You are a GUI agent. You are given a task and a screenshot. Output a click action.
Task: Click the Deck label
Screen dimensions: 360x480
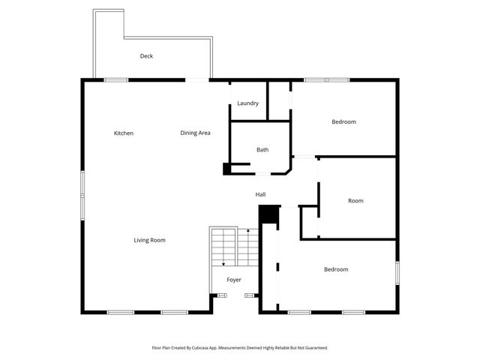click(x=146, y=56)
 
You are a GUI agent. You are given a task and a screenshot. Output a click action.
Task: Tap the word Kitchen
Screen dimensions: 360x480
click(x=124, y=133)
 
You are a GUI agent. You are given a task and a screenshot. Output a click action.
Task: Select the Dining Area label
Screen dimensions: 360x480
click(x=195, y=133)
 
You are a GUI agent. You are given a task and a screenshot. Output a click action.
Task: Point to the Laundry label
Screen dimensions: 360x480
click(x=247, y=103)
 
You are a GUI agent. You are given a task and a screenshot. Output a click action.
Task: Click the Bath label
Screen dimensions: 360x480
click(x=262, y=150)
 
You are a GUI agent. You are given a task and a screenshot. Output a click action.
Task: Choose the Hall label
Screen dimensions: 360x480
click(x=260, y=195)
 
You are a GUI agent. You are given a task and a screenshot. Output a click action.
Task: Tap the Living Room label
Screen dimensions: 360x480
click(x=149, y=240)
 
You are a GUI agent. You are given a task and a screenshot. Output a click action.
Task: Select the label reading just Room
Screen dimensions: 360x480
click(x=355, y=201)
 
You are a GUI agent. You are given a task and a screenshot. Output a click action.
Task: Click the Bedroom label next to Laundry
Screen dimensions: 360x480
click(x=343, y=121)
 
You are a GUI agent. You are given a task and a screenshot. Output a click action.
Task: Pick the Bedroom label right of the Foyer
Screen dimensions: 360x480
click(x=336, y=269)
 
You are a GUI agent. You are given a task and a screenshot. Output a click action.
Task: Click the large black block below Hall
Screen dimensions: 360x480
click(x=268, y=214)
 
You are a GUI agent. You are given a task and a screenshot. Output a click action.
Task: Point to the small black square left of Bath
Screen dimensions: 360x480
click(x=227, y=169)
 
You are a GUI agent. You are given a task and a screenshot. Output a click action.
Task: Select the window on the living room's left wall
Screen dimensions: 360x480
click(x=82, y=185)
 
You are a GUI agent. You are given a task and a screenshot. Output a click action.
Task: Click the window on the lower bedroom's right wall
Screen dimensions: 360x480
click(x=397, y=271)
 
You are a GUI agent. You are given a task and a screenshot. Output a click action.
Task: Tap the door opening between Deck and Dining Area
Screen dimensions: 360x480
click(x=197, y=79)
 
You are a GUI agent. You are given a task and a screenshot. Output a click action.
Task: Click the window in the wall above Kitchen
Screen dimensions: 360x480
click(x=116, y=79)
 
